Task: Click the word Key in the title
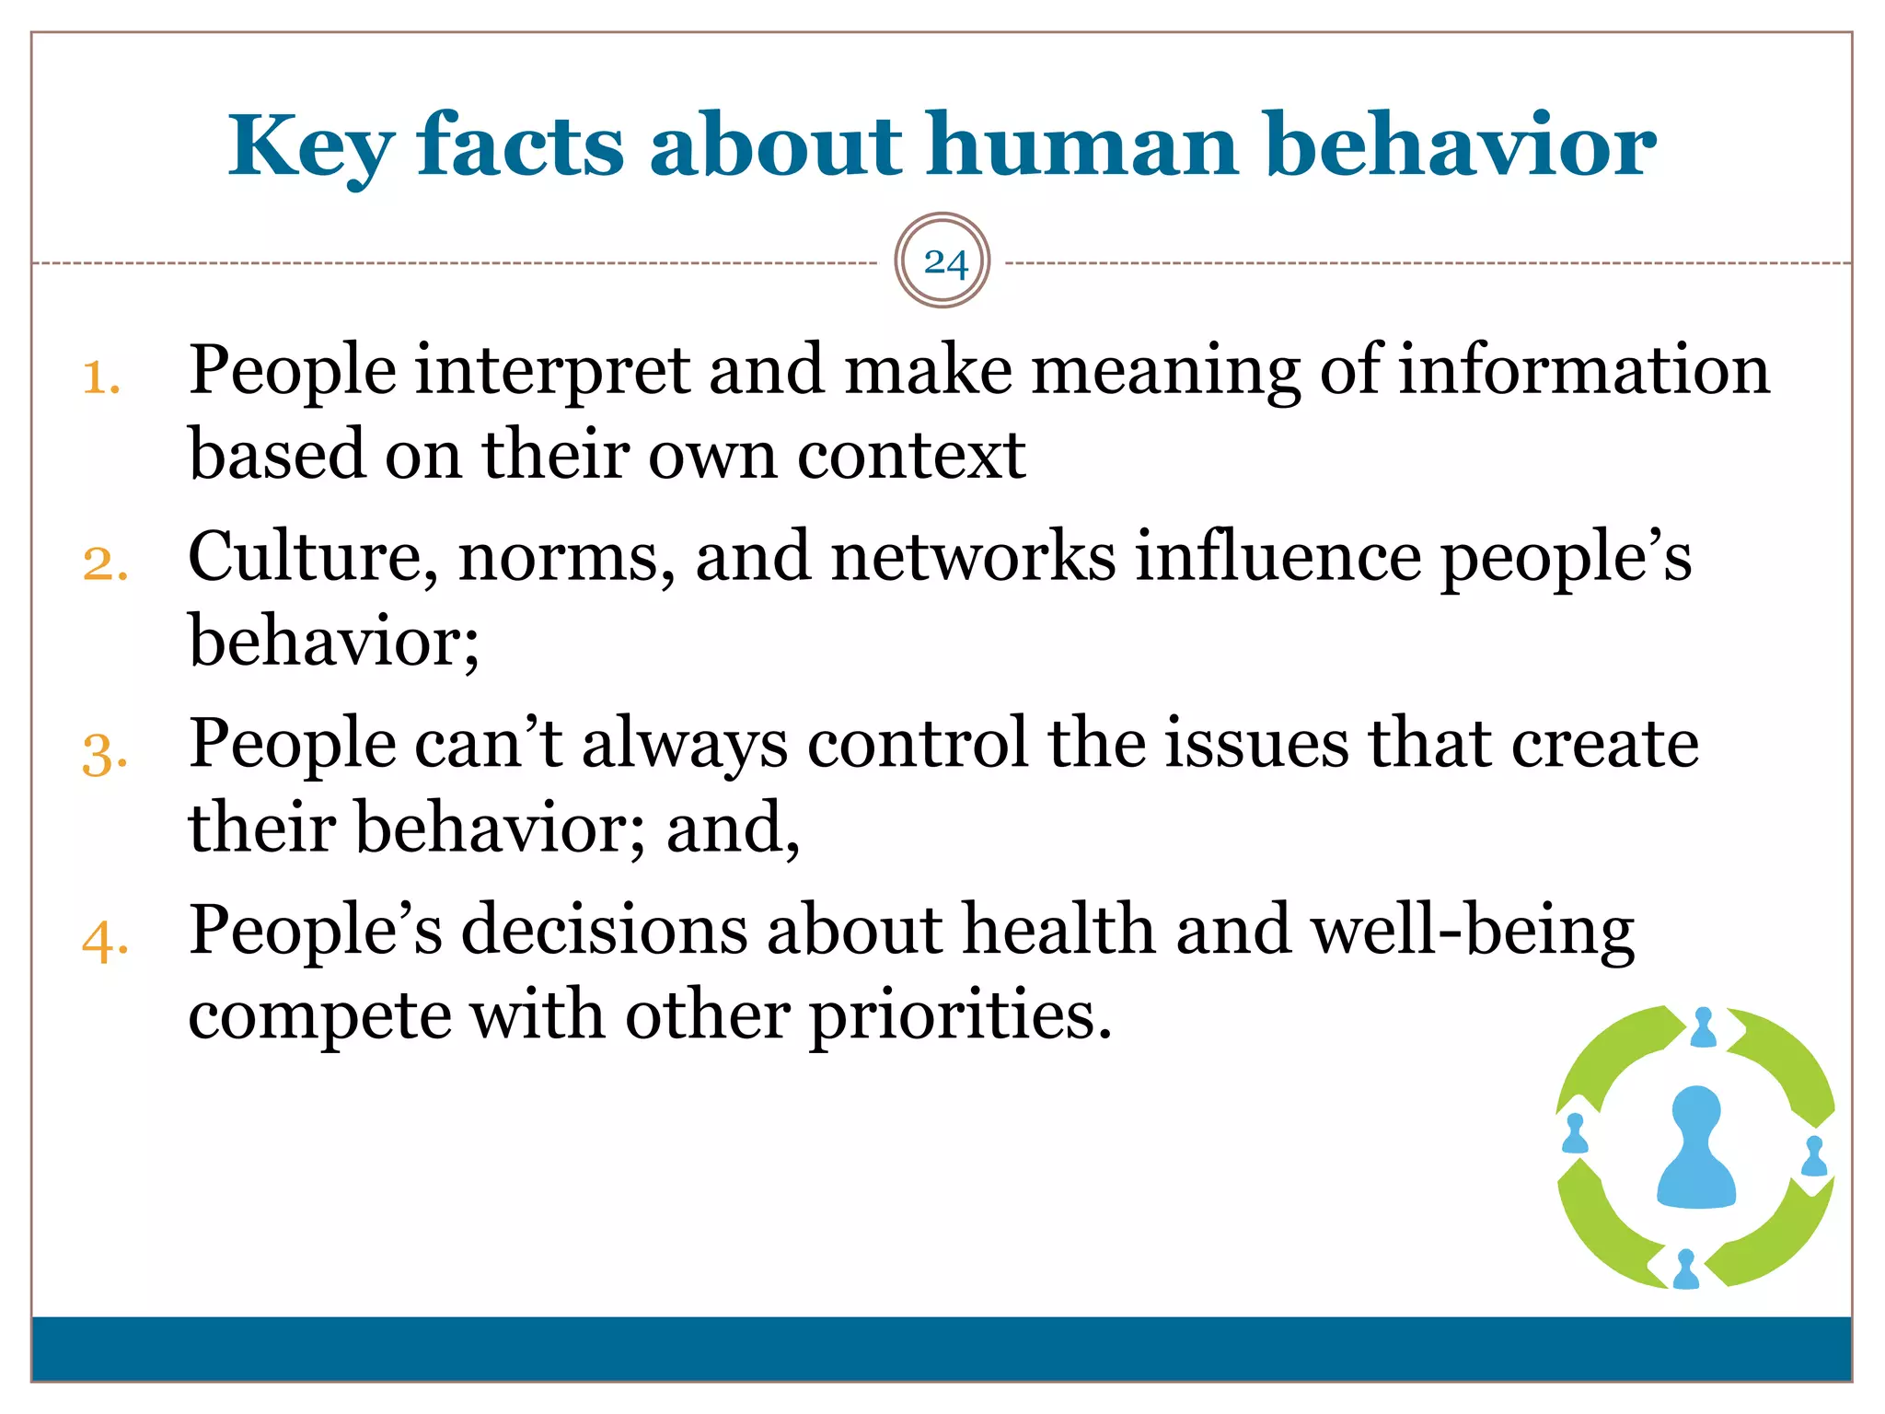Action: [311, 147]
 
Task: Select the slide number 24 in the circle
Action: [943, 262]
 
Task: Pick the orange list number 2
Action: [104, 563]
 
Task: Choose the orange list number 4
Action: [104, 942]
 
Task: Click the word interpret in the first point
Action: [552, 371]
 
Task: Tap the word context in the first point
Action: [910, 456]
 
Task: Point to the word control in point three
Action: [917, 743]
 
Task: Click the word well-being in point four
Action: [1473, 931]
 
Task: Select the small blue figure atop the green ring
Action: [1704, 1027]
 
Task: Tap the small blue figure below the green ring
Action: [1686, 1269]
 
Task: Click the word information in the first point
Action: [1583, 371]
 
